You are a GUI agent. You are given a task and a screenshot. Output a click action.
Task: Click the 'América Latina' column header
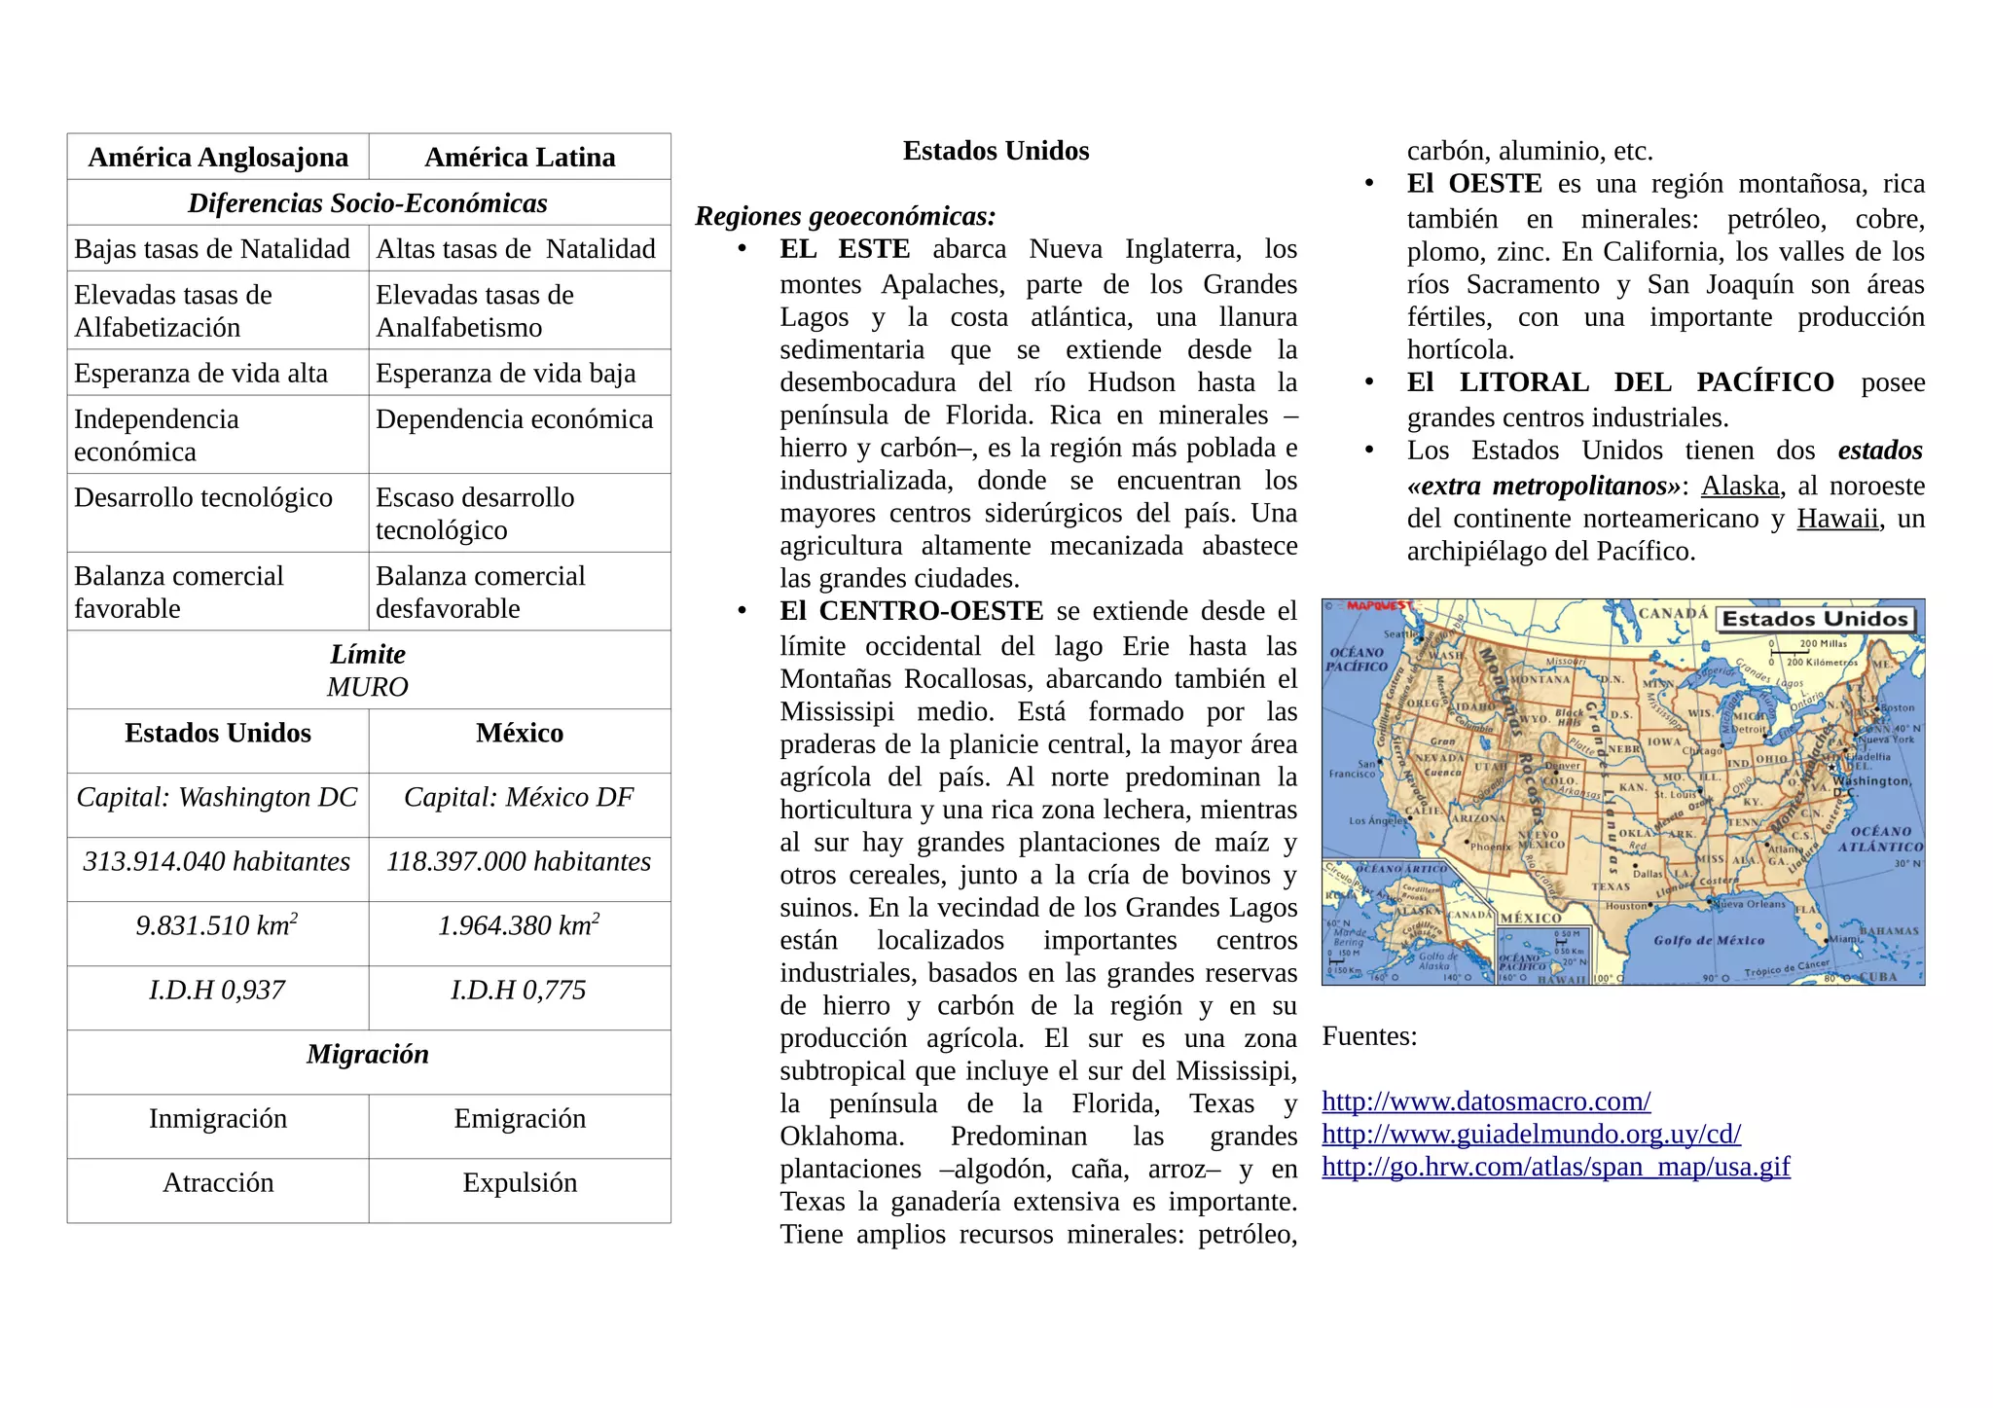pyautogui.click(x=520, y=158)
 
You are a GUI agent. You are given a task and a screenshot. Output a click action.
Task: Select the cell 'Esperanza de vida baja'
pyautogui.click(x=505, y=374)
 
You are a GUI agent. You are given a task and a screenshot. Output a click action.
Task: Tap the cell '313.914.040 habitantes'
pyautogui.click(x=217, y=862)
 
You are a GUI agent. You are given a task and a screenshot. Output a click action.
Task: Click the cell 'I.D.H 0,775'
pyautogui.click(x=519, y=991)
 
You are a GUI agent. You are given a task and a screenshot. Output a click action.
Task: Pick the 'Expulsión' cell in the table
pyautogui.click(x=520, y=1183)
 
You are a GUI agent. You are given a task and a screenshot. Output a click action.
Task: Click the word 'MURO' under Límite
pyautogui.click(x=367, y=688)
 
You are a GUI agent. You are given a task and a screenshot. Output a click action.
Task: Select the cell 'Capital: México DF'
pyautogui.click(x=519, y=798)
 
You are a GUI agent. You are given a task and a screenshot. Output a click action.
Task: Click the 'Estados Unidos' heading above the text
pyautogui.click(x=996, y=151)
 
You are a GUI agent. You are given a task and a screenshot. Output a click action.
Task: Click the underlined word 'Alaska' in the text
pyautogui.click(x=1740, y=487)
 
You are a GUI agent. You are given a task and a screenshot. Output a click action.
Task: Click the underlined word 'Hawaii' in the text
pyautogui.click(x=1837, y=519)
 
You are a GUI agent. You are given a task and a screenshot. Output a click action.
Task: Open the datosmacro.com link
pyautogui.click(x=1486, y=1101)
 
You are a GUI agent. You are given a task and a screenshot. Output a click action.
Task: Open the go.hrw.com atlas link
pyautogui.click(x=1555, y=1167)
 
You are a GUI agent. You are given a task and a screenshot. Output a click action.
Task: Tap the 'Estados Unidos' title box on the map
pyautogui.click(x=1815, y=619)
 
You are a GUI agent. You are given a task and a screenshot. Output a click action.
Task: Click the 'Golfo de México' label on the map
pyautogui.click(x=1708, y=940)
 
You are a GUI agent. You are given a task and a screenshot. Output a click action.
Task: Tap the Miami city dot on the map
pyautogui.click(x=1827, y=940)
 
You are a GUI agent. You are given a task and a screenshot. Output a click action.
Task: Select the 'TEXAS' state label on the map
pyautogui.click(x=1611, y=886)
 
